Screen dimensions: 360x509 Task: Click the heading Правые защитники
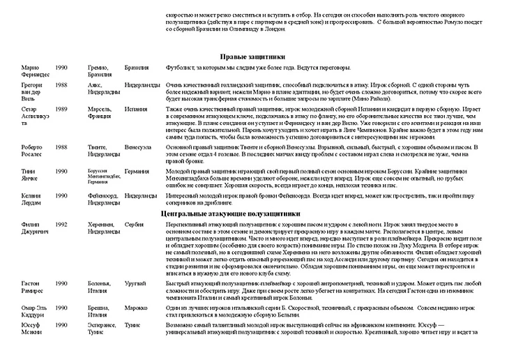[253, 56]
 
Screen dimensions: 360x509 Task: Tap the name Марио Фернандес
[35, 70]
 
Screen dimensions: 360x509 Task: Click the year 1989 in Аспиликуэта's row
[61, 110]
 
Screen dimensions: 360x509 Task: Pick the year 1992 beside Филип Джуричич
[61, 225]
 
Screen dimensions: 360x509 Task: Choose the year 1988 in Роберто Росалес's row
[61, 147]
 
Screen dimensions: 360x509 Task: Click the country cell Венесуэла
[139, 147]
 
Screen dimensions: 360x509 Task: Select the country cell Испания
[136, 110]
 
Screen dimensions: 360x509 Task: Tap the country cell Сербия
[135, 225]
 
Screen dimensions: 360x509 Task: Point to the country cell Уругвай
[135, 283]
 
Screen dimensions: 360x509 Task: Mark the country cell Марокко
[136, 307]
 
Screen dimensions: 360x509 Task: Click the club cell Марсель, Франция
[100, 113]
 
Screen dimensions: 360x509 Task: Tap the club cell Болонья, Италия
[100, 287]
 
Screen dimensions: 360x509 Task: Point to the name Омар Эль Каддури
[33, 310]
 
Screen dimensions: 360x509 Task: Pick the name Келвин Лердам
[32, 199]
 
